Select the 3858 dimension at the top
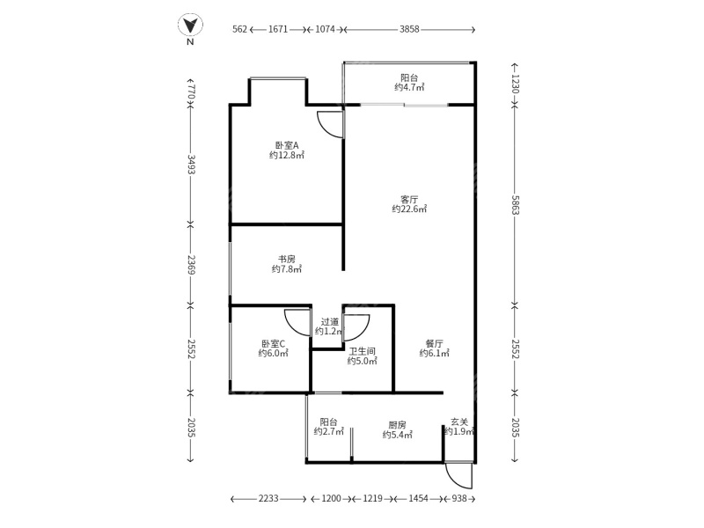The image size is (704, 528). (x=409, y=29)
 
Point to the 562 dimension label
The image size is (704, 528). (x=239, y=29)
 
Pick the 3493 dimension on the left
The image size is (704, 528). (x=190, y=166)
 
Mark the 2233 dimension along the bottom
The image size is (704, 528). (x=268, y=499)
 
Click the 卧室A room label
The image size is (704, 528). (x=286, y=145)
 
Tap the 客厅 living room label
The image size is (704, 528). (x=409, y=199)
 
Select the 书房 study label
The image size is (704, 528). (x=286, y=259)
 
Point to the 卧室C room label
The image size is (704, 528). (x=273, y=343)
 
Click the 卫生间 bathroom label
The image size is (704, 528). (x=362, y=350)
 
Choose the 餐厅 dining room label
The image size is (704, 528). (x=433, y=343)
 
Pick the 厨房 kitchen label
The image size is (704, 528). (x=398, y=423)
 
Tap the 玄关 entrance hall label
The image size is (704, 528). (x=459, y=423)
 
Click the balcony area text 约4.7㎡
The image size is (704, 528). (x=409, y=87)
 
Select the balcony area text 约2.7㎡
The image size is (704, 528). (x=328, y=433)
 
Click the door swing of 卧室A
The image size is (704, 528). (x=330, y=125)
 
